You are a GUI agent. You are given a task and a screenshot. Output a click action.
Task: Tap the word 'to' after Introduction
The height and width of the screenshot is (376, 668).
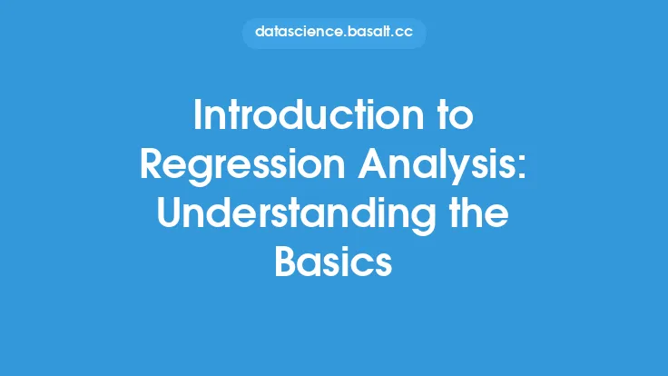click(x=457, y=116)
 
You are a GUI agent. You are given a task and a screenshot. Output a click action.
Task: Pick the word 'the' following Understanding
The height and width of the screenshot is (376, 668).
click(x=479, y=213)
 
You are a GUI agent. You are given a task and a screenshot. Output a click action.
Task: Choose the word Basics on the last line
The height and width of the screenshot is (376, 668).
click(x=333, y=262)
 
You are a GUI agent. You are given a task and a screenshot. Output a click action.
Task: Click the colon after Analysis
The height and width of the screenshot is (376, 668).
click(x=521, y=168)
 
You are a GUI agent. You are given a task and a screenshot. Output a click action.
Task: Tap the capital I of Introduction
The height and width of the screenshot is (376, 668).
click(x=197, y=115)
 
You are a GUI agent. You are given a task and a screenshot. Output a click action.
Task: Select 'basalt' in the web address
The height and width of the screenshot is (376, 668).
click(x=368, y=32)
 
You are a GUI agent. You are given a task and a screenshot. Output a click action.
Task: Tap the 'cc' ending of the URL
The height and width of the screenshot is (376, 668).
click(x=404, y=34)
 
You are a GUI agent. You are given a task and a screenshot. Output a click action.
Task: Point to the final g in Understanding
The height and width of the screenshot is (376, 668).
click(x=425, y=218)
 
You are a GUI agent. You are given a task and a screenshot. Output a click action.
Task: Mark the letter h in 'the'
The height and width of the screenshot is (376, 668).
click(x=475, y=213)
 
